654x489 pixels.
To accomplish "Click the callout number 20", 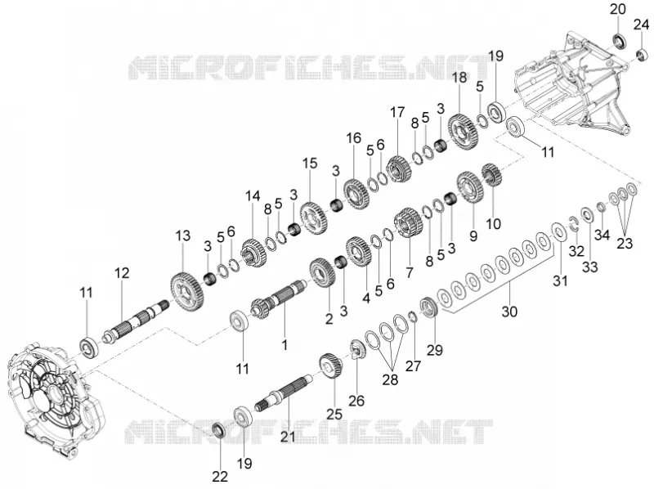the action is (x=618, y=9).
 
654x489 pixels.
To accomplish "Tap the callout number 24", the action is (x=641, y=25).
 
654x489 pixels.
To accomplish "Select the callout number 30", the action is (x=509, y=312).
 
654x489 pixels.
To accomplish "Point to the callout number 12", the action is (x=122, y=273).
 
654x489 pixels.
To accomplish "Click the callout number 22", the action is (x=220, y=476).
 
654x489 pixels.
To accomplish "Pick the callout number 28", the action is (x=390, y=379).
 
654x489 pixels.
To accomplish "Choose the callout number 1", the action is (x=284, y=345).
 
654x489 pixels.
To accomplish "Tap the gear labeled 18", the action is (x=464, y=127).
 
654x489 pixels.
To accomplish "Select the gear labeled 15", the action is (x=314, y=218).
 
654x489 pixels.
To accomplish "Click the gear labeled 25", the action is (x=332, y=366).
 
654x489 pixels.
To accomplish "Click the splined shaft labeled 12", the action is (x=136, y=322).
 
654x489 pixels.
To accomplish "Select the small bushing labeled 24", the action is (x=642, y=54).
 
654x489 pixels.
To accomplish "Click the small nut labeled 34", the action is (x=600, y=207).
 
